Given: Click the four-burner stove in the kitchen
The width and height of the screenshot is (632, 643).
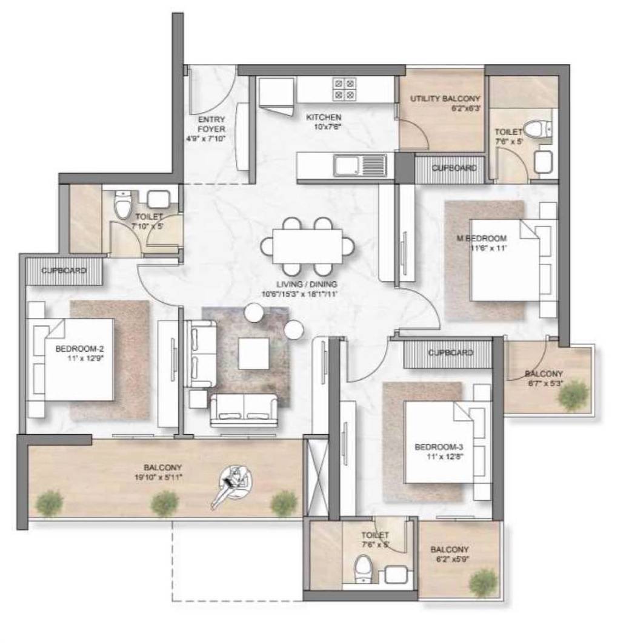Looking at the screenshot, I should pos(344,90).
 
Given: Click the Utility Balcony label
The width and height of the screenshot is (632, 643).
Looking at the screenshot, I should pos(445,98).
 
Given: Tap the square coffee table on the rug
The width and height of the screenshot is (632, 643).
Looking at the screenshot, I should pos(253,353).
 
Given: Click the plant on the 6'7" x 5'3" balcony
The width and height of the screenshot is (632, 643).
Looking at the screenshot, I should pos(571,397).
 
